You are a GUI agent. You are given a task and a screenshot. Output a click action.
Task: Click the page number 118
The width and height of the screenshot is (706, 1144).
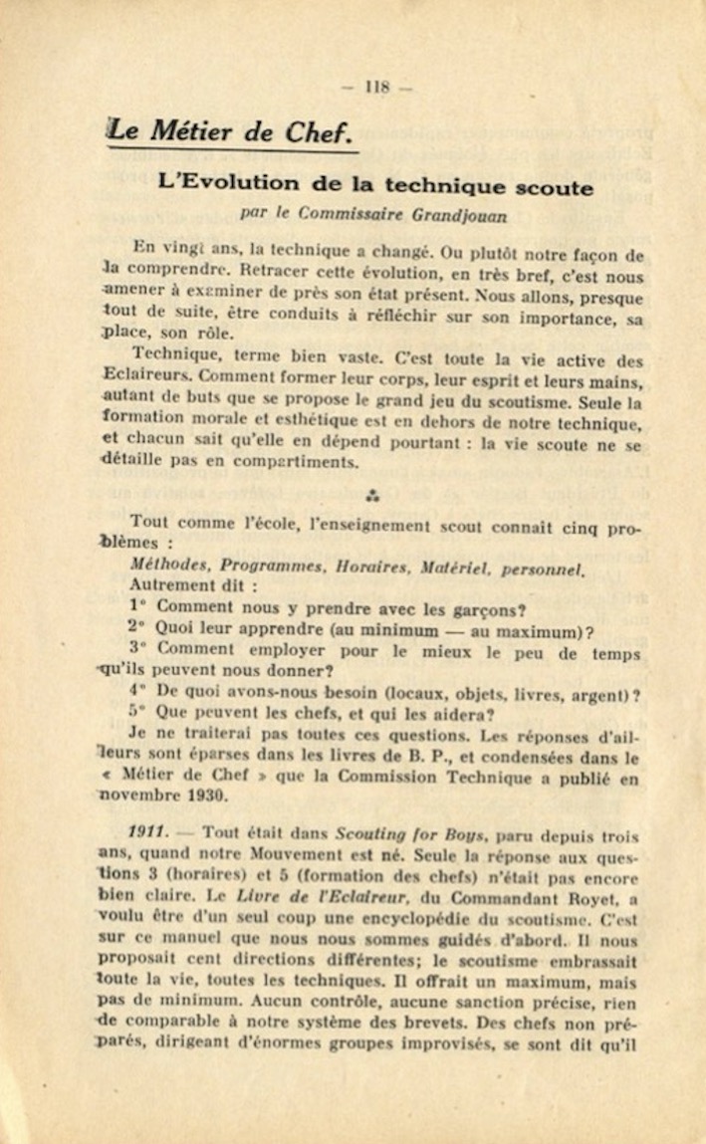tap(376, 87)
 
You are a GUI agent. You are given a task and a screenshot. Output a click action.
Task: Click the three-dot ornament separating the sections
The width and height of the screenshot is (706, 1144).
tap(371, 494)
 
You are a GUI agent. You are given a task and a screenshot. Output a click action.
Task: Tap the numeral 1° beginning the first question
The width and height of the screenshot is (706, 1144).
tap(137, 605)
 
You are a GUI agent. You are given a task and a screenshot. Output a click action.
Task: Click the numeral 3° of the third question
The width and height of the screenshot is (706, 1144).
tap(137, 647)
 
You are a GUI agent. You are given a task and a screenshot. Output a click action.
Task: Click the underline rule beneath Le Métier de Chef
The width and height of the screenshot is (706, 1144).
tap(233, 150)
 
